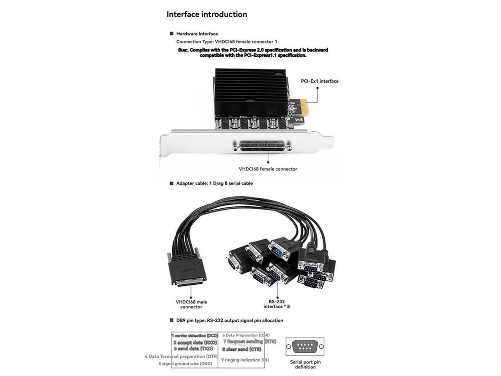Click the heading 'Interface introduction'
click(x=207, y=14)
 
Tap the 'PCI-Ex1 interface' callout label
click(x=319, y=81)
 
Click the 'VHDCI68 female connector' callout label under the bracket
click(x=268, y=169)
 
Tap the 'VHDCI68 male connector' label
click(x=191, y=304)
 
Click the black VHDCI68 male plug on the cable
click(x=187, y=270)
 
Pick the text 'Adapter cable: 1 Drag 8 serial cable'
click(x=214, y=183)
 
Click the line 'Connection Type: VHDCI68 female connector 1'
click(x=227, y=42)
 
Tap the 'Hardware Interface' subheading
click(x=197, y=34)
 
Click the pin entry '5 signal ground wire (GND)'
click(x=185, y=363)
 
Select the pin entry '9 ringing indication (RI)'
click(x=245, y=360)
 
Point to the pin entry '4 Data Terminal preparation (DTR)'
click(x=181, y=356)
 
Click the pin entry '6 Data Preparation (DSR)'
click(x=246, y=335)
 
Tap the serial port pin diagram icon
click(x=305, y=347)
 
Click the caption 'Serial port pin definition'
click(x=305, y=364)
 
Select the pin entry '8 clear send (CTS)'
click(x=241, y=349)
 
